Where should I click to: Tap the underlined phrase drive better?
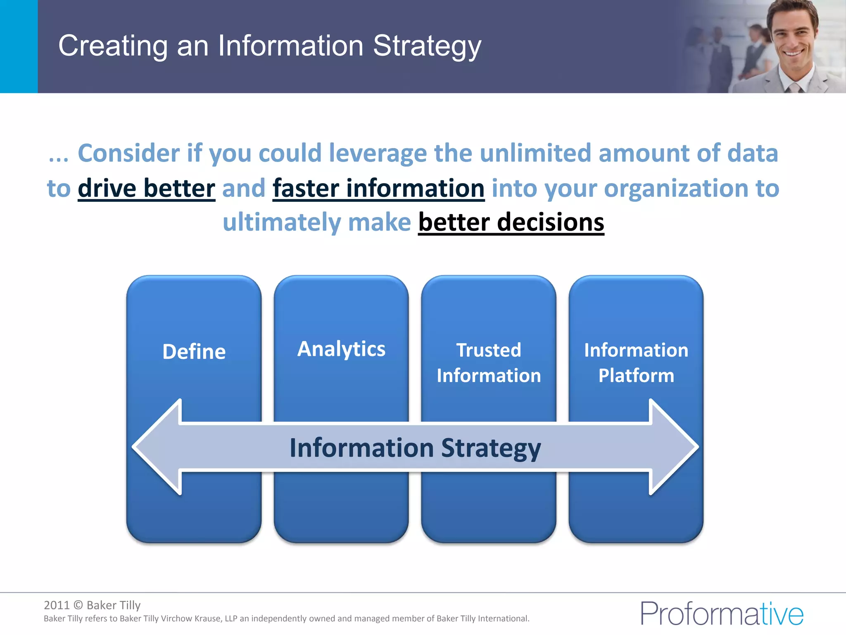pos(146,189)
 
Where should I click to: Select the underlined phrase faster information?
pos(378,189)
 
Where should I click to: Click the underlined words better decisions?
pos(511,222)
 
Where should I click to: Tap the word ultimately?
pos(282,222)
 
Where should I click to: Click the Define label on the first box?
pos(194,352)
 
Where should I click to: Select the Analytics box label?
pos(341,349)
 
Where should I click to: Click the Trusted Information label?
pos(489,363)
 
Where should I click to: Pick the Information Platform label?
pos(636,363)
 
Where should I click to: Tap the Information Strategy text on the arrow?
pos(415,448)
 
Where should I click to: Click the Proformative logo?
pos(722,614)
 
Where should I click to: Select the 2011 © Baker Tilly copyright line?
pos(92,605)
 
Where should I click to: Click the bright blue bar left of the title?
pos(19,46)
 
